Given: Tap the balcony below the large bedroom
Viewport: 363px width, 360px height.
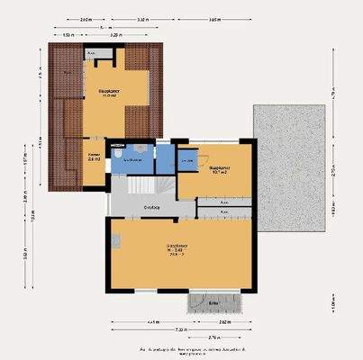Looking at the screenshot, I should pos(214,302).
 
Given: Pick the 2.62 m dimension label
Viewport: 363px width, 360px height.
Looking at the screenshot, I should pos(221,321).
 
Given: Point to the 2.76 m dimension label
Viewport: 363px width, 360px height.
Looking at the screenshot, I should pos(214,337).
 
